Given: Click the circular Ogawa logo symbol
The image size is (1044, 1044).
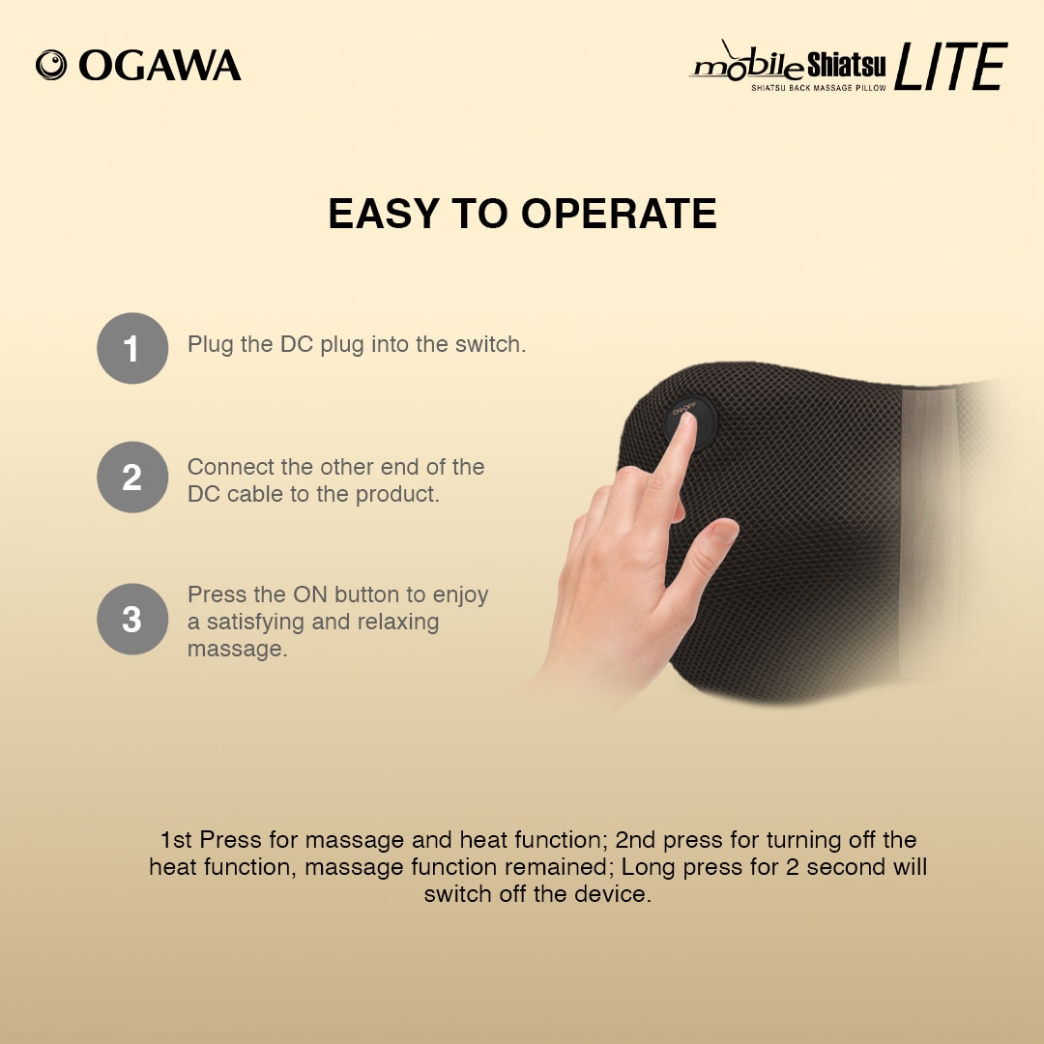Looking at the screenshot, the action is click(x=51, y=66).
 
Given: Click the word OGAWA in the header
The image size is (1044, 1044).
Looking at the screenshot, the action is click(x=159, y=66).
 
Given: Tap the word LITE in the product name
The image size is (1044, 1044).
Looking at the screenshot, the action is click(x=951, y=66).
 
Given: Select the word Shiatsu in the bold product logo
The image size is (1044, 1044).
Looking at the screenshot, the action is click(x=846, y=66).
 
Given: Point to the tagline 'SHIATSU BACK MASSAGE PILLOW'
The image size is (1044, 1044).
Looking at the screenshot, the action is click(x=819, y=88).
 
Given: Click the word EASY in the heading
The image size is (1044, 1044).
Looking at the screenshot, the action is click(x=384, y=214).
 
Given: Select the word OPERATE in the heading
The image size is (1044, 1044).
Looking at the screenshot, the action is click(x=619, y=214).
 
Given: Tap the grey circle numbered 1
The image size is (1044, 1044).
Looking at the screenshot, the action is click(x=132, y=348).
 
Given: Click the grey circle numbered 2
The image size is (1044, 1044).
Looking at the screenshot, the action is click(x=132, y=478).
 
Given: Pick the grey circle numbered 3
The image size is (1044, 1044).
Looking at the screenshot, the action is click(x=132, y=620).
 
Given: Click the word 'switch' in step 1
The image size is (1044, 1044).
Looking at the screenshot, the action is click(x=490, y=344).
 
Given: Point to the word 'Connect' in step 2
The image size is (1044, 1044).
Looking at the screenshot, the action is click(x=230, y=467).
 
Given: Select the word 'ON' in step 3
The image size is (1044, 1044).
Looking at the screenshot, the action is click(x=309, y=594).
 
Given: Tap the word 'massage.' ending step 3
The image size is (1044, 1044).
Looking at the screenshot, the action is click(x=237, y=650).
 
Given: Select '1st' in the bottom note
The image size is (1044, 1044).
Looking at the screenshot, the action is click(x=176, y=840).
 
